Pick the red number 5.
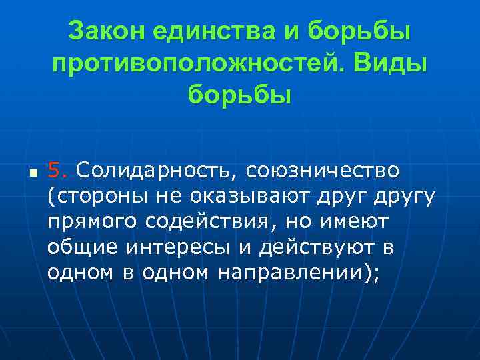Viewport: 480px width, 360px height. tap(58, 171)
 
